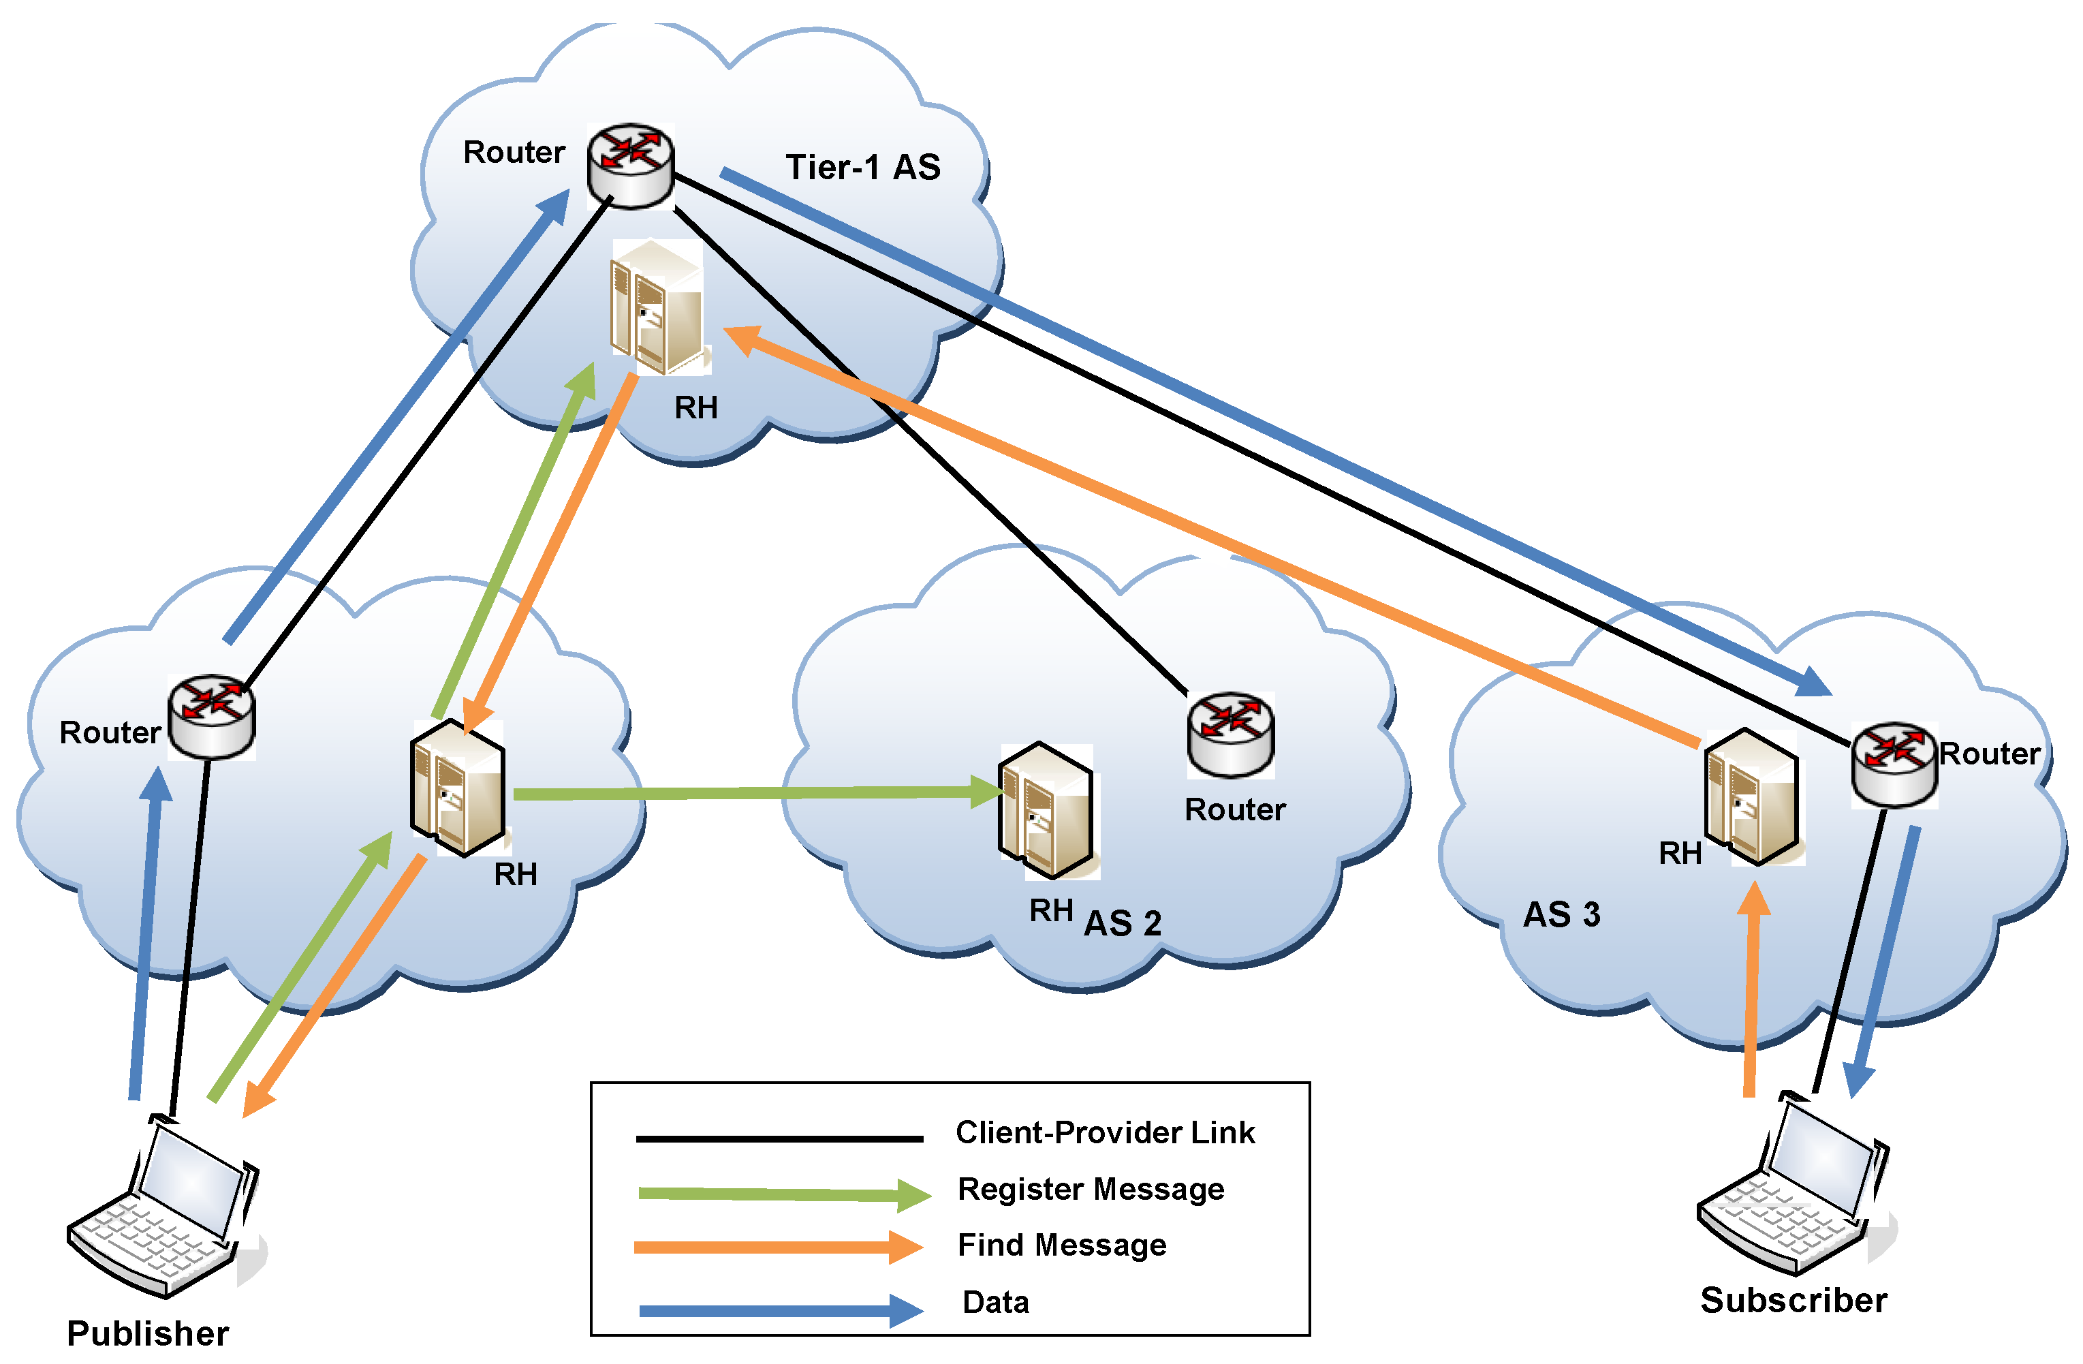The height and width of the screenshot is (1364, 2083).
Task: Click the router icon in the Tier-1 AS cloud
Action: coord(630,166)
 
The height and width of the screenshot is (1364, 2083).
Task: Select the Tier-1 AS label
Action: coord(862,167)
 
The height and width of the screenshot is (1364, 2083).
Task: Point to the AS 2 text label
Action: coord(1122,924)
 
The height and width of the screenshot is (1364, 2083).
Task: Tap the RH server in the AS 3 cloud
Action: coord(1752,796)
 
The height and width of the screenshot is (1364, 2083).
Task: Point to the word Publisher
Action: coord(148,1333)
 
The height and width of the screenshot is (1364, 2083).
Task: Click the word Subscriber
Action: coord(1794,1300)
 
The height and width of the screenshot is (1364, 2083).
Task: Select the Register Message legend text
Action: coord(1091,1189)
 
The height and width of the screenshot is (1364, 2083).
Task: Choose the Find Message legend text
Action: coord(1062,1245)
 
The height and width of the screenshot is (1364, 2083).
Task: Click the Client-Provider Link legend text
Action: coord(1105,1133)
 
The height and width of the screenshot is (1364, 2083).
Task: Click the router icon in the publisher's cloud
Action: coord(212,716)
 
